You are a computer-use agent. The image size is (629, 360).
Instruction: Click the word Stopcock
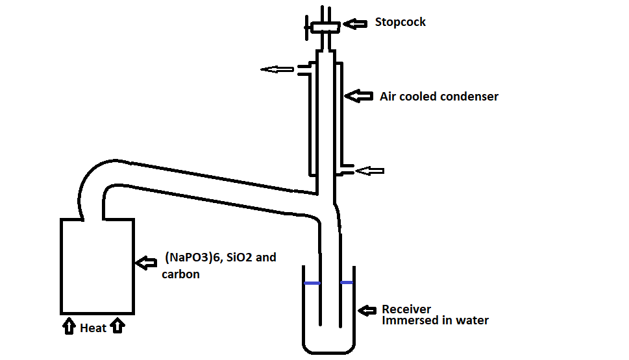[400, 22]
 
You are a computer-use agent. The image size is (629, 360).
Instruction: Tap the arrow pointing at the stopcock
[354, 23]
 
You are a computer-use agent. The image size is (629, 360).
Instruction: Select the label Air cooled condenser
[439, 97]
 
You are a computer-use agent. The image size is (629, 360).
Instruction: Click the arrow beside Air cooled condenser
[358, 96]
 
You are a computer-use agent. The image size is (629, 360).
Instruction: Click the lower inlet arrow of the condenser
[369, 171]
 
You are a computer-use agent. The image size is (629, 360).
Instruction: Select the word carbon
[180, 274]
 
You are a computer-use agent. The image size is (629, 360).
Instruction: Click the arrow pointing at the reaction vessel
[147, 262]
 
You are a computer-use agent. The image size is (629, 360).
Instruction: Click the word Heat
[93, 328]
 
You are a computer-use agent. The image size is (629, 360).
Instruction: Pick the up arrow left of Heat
[69, 326]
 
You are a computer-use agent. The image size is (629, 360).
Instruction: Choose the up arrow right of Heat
[117, 326]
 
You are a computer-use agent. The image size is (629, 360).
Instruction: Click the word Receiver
[406, 309]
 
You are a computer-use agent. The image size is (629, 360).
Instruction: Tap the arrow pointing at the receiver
[368, 310]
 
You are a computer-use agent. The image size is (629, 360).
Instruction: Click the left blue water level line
[312, 283]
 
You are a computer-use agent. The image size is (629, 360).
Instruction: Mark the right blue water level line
[347, 283]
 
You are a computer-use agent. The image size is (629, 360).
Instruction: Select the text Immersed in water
[435, 320]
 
